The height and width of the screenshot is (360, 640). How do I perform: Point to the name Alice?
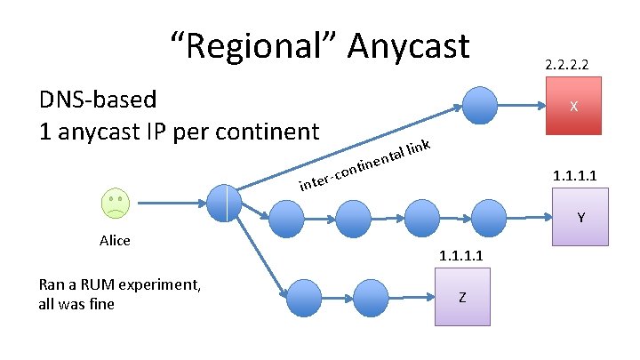click(115, 241)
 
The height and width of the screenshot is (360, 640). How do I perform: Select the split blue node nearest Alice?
click(226, 202)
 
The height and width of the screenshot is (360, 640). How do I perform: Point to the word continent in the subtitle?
click(264, 132)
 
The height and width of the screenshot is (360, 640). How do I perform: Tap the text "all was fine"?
click(75, 305)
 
